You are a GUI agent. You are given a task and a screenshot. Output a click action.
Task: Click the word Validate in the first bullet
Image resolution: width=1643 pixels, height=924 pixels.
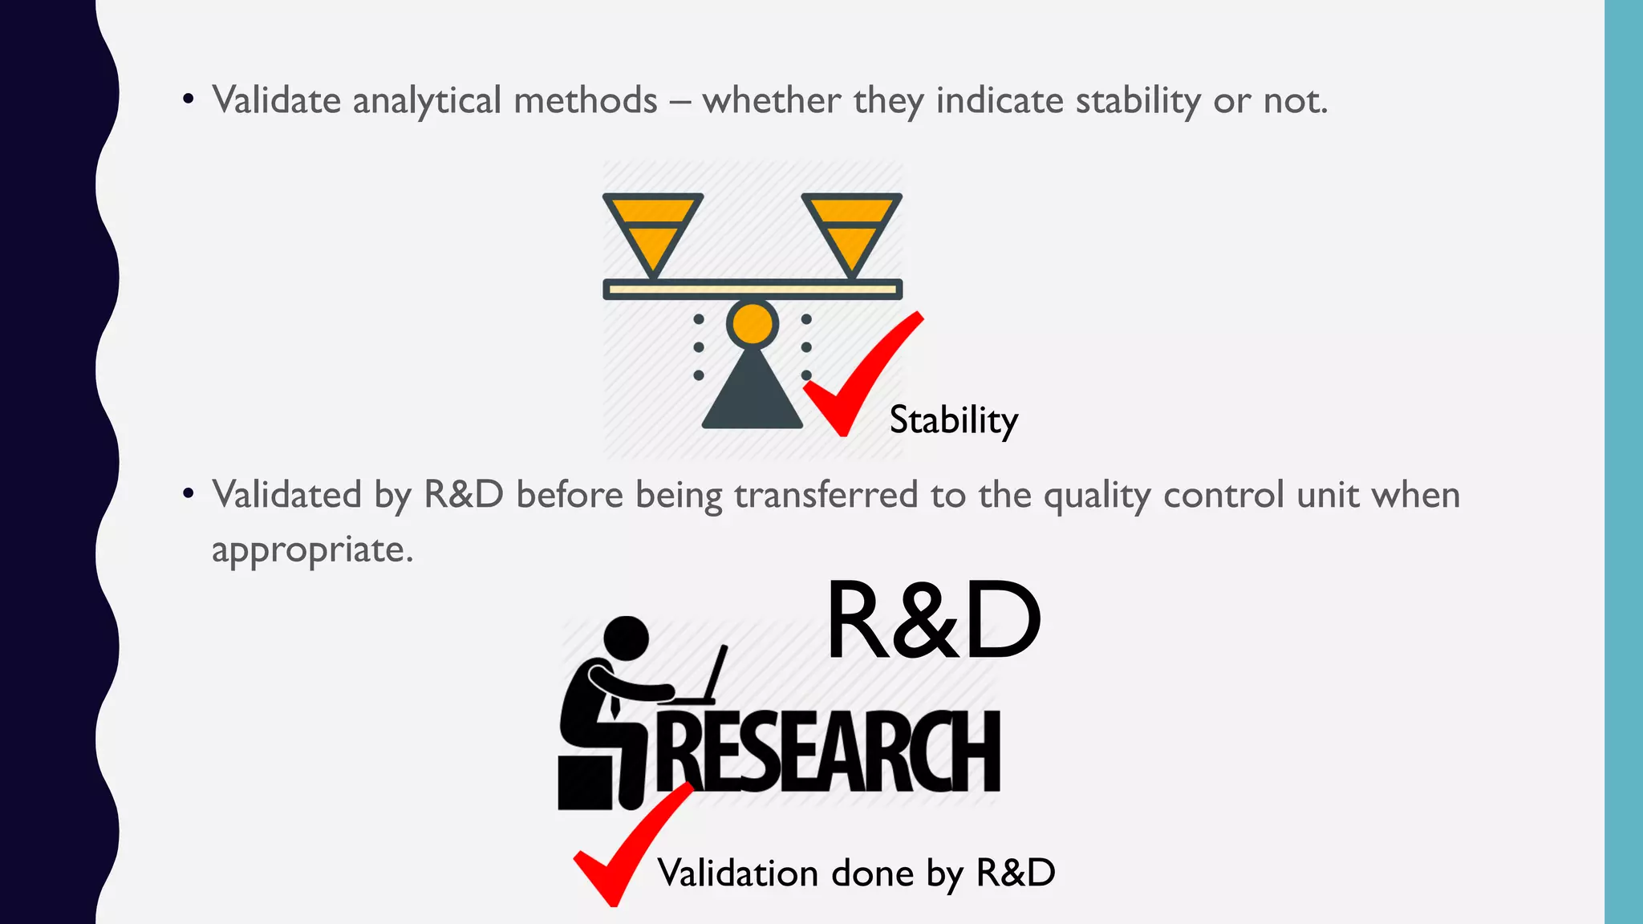coord(277,101)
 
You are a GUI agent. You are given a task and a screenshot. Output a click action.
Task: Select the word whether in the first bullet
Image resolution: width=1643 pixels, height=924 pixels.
coord(771,101)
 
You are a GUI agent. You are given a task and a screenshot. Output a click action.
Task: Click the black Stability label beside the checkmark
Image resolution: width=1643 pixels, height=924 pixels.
coord(953,420)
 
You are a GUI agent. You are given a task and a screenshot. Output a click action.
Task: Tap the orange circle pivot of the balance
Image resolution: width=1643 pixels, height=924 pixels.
coord(753,324)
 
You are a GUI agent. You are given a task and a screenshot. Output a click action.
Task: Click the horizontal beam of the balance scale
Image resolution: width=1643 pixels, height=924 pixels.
coord(753,289)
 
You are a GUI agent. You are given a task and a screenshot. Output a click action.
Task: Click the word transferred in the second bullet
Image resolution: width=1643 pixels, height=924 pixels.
coord(826,495)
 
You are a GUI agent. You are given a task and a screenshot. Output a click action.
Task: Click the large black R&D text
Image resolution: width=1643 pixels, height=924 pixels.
coord(933,622)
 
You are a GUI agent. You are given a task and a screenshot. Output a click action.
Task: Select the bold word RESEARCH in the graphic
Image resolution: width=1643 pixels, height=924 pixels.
coord(830,752)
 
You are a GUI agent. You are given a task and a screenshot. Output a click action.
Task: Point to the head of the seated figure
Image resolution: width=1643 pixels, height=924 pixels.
coord(626,638)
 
